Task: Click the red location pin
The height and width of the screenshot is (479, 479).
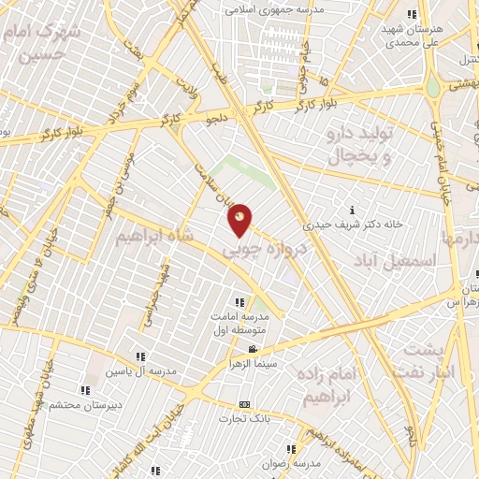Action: pos(240,219)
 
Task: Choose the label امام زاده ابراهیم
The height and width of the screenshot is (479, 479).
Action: pos(328,385)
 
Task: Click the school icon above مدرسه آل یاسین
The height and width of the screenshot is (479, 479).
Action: pos(141,356)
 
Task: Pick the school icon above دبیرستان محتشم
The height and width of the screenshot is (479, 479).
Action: pos(85,389)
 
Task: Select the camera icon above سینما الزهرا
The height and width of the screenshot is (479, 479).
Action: pos(251,347)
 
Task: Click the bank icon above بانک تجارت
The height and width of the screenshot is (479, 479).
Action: pos(244,403)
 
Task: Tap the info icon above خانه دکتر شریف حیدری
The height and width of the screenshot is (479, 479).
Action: pos(351,210)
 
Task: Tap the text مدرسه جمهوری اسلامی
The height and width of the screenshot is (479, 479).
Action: pos(272,10)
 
